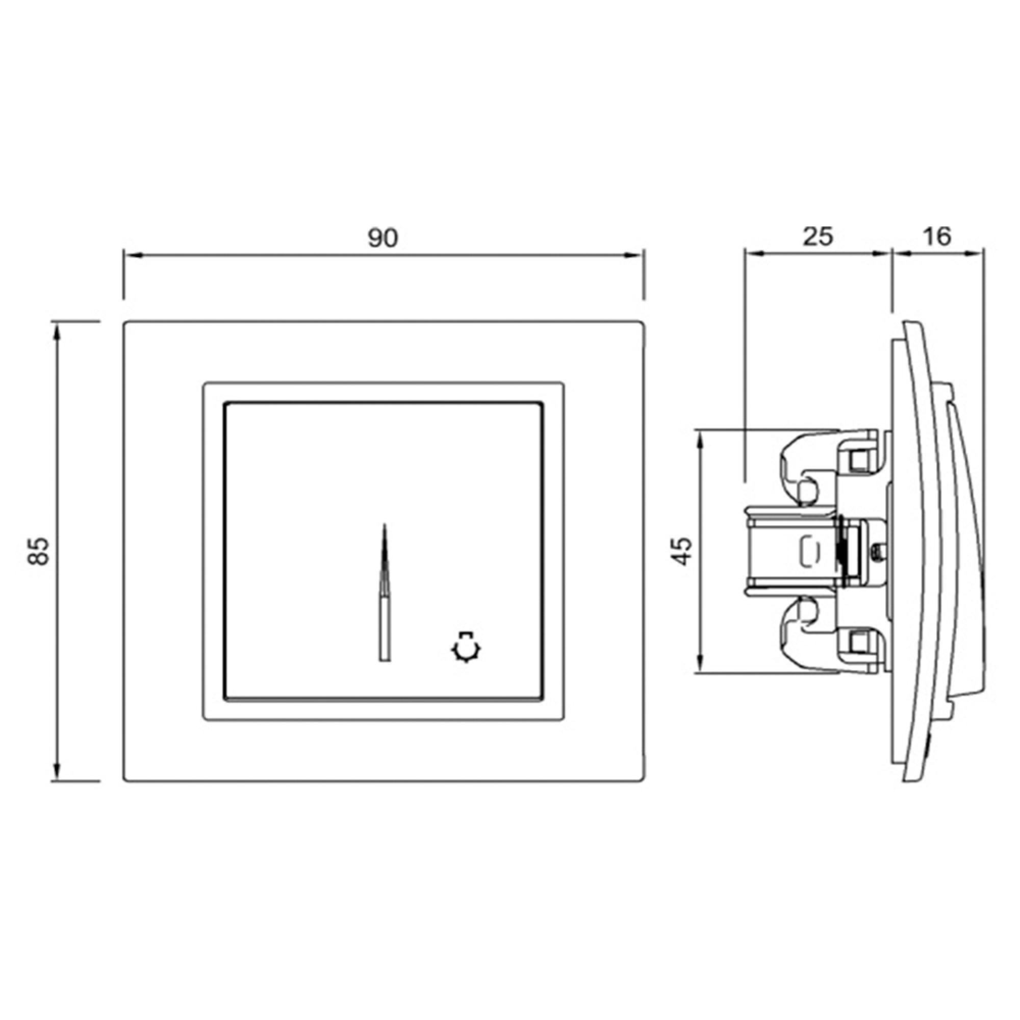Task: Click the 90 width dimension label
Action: tap(383, 239)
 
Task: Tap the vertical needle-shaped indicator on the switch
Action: tap(385, 592)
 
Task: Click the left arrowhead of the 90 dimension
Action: tap(131, 256)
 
